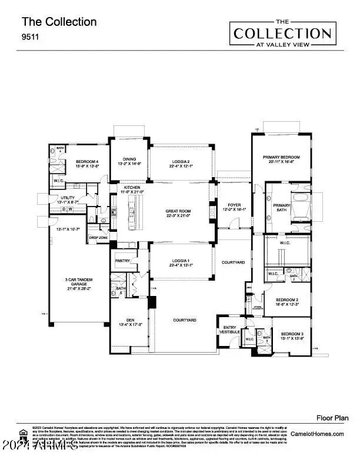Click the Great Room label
pos(179,212)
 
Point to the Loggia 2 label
pos(180,164)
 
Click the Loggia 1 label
pos(179,262)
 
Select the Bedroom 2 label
pos(288,301)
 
